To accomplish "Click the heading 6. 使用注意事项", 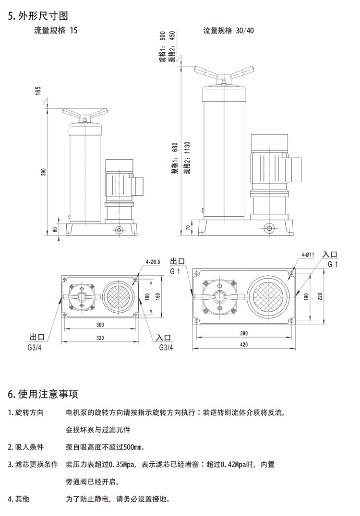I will point(43,394).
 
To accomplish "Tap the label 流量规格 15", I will point(55,30).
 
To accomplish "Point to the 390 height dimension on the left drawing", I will point(44,171).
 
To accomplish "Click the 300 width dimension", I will point(100,325).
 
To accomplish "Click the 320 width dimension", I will point(100,338).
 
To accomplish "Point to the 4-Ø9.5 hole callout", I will point(153,262).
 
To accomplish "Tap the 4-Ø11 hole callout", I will point(308,255).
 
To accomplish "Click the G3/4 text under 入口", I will point(166,347).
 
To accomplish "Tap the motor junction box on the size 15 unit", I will point(139,186).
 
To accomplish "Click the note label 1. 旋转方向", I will point(26,412).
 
